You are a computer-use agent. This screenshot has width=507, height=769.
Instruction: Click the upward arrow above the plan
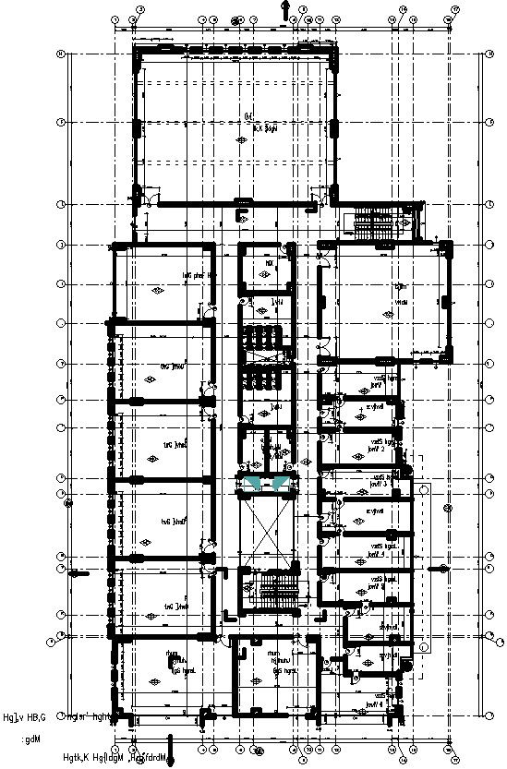pos(285,8)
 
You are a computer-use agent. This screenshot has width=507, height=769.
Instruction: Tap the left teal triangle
pos(253,483)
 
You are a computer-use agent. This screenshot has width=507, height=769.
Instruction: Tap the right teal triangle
pos(278,483)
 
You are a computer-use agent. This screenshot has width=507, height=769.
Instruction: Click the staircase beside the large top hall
pos(374,222)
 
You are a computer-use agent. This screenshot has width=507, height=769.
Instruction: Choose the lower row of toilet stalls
pos(266,379)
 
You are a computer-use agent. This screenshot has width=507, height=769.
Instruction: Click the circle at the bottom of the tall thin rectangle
pos(425,646)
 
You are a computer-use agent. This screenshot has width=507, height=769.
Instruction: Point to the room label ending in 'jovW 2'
pos(378,446)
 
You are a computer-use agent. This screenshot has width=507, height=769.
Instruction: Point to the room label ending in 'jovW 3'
pos(380,480)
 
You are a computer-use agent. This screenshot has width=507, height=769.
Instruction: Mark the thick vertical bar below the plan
pos(171,749)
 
